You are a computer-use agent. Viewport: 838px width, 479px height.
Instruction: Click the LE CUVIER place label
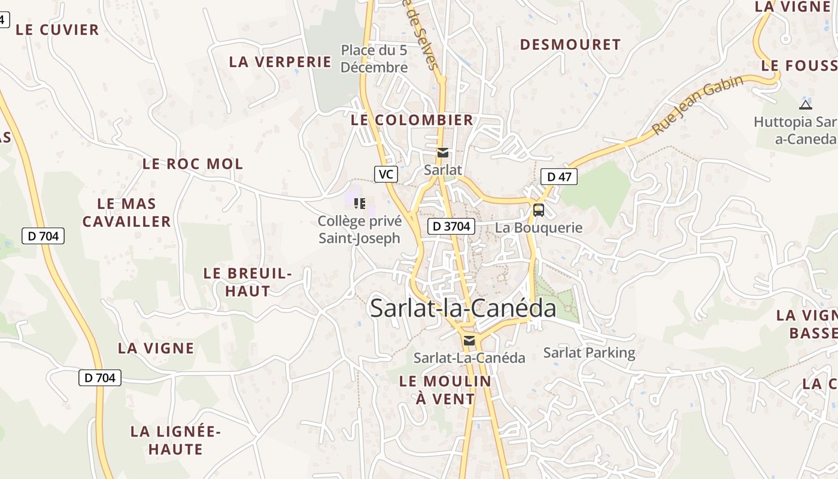[x=57, y=30]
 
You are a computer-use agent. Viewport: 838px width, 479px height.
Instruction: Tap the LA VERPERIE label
[x=280, y=62]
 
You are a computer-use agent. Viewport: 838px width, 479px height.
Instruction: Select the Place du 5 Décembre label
[x=374, y=59]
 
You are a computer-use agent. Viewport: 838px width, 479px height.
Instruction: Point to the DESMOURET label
[x=570, y=45]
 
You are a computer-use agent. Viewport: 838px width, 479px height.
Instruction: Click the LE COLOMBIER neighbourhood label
[x=412, y=120]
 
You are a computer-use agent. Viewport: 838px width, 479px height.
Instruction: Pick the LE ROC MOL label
[x=193, y=164]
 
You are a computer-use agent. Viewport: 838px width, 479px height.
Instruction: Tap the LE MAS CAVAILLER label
[x=126, y=213]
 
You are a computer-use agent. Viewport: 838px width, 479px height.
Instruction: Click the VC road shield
[x=386, y=174]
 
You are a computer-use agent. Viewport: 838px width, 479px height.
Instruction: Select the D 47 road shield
[x=559, y=176]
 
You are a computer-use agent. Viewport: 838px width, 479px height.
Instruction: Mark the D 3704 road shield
[x=451, y=226]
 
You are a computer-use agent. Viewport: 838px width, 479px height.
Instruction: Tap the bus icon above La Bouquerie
[x=539, y=210]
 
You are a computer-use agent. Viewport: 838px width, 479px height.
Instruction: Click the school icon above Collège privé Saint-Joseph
[x=359, y=204]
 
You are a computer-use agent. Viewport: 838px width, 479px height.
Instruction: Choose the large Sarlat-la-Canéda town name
[x=463, y=308]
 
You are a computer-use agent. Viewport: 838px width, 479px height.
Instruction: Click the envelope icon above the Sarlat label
[x=443, y=153]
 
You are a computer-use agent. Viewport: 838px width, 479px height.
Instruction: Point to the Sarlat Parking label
[x=589, y=352]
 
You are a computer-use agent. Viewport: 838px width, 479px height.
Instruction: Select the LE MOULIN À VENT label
[x=445, y=390]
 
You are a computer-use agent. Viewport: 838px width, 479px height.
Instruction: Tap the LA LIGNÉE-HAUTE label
[x=176, y=440]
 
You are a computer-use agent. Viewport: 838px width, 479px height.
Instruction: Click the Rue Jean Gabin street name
[x=697, y=105]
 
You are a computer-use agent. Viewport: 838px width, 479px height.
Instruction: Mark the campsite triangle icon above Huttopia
[x=806, y=105]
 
